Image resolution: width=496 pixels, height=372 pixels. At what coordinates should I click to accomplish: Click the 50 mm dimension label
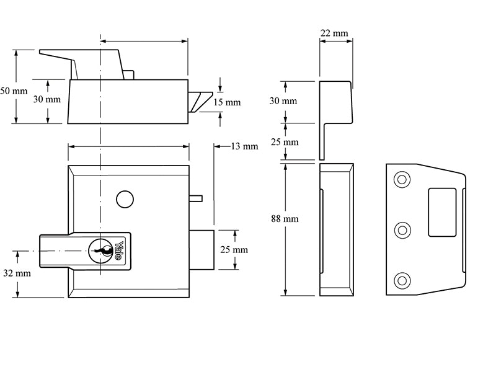pyautogui.click(x=13, y=91)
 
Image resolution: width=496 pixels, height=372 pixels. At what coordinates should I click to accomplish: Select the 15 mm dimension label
pyautogui.click(x=227, y=102)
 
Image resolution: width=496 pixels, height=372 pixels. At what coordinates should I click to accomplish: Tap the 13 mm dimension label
pyautogui.click(x=244, y=146)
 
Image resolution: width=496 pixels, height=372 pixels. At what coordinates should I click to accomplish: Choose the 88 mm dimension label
pyautogui.click(x=285, y=219)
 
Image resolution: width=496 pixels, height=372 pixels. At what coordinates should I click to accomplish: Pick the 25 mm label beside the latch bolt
pyautogui.click(x=234, y=249)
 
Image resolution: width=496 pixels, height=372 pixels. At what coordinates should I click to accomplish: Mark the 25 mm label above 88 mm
pyautogui.click(x=285, y=142)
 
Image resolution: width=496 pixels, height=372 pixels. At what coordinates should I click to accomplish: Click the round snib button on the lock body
pyautogui.click(x=124, y=199)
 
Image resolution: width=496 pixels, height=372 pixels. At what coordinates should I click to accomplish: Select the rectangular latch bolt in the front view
pyautogui.click(x=201, y=249)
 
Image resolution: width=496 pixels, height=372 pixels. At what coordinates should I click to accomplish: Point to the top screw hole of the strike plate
pyautogui.click(x=402, y=180)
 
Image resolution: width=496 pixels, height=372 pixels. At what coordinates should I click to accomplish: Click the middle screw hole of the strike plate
pyautogui.click(x=402, y=231)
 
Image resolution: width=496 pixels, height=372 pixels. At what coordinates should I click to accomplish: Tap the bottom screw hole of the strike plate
pyautogui.click(x=402, y=280)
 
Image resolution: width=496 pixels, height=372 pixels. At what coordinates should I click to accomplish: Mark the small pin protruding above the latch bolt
pyautogui.click(x=195, y=198)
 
